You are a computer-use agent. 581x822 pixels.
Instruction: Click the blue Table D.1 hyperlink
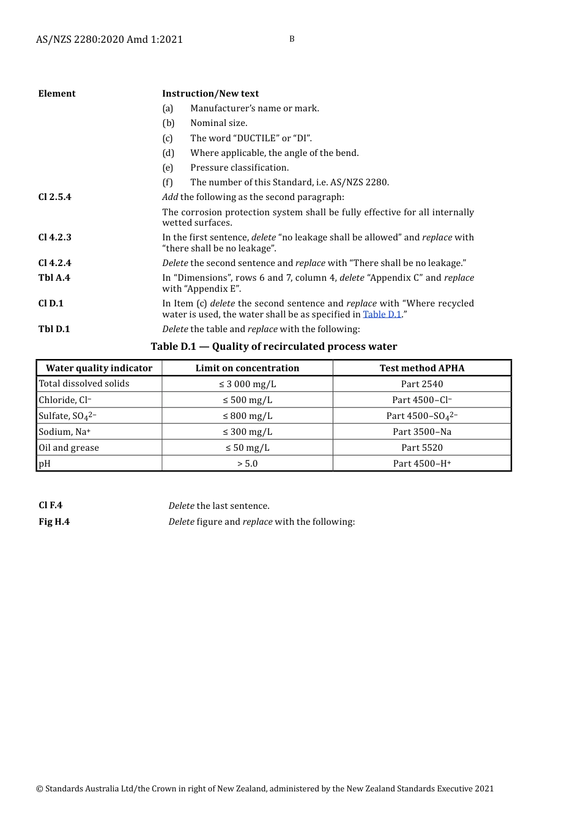coord(382,314)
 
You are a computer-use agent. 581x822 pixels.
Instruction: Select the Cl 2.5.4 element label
coord(54,197)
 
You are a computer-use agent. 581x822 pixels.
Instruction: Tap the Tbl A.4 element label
coord(54,278)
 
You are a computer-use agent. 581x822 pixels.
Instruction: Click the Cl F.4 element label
coord(50,505)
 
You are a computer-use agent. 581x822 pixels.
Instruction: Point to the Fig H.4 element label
coord(54,522)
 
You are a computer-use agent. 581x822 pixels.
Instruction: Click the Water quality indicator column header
coord(99,368)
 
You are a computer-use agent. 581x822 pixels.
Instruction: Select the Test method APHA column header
coord(422,368)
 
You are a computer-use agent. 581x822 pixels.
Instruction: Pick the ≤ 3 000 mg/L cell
coord(248,384)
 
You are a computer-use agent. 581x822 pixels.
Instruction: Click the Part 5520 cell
coord(422,448)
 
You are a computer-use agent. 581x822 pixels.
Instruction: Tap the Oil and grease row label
coord(69,448)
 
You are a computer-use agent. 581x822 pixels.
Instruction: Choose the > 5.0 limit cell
coord(248,464)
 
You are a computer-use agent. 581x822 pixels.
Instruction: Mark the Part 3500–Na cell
coord(422,432)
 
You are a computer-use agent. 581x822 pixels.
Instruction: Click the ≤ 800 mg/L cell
coord(248,416)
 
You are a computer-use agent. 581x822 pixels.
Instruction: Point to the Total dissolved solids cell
coord(84,383)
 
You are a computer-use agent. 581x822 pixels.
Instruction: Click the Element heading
coord(57,94)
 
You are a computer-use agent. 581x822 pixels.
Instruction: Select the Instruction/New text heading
coord(210,94)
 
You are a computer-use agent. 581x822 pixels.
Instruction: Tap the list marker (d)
coord(168,153)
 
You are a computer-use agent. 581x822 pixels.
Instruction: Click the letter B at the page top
coord(292,39)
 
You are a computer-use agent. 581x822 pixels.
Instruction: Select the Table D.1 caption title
coord(274,347)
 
